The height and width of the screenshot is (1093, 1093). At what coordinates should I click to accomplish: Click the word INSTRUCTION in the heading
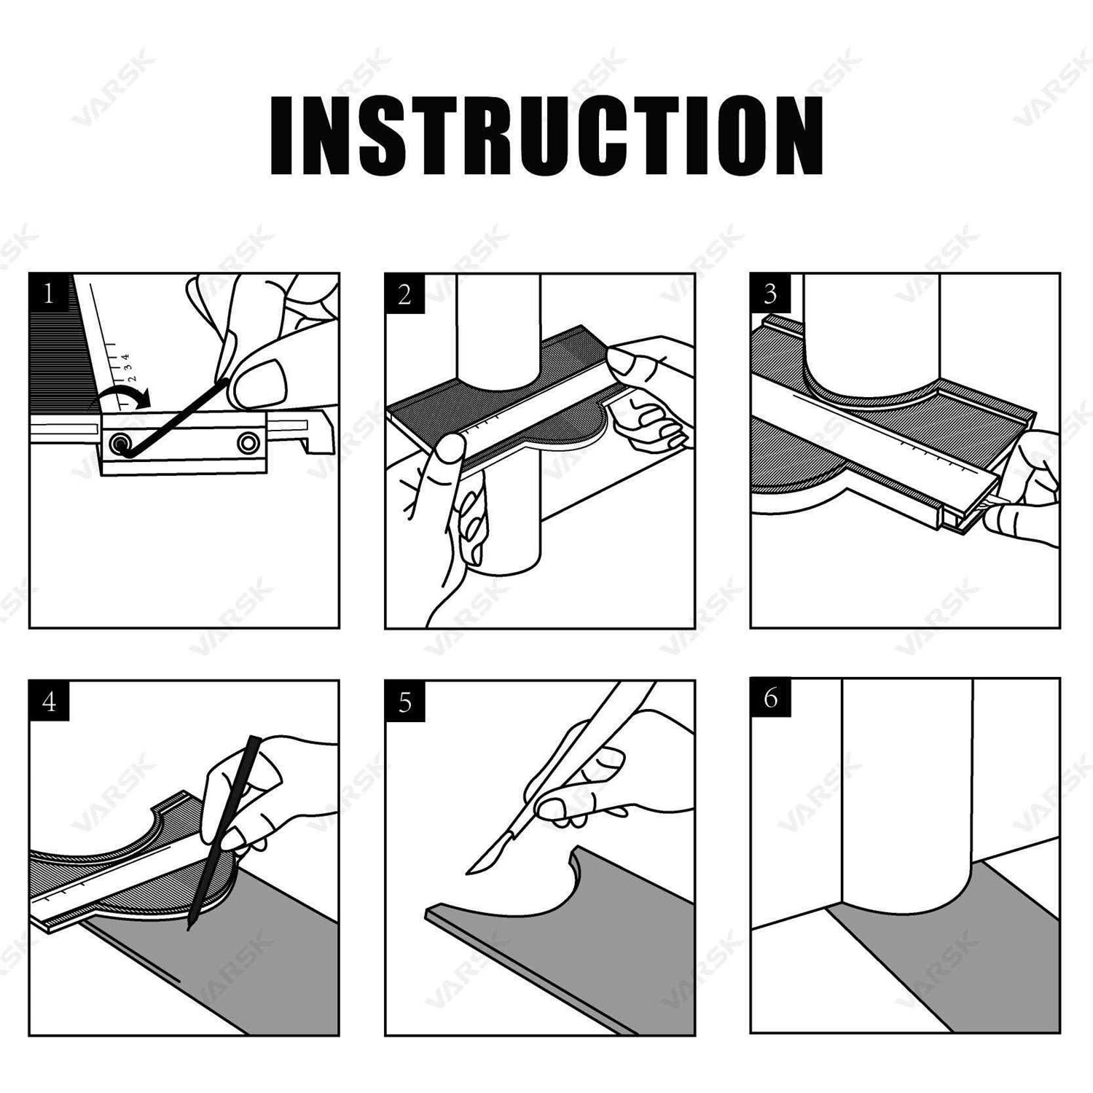pyautogui.click(x=546, y=136)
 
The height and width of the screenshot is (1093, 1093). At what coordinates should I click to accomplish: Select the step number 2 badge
pyautogui.click(x=405, y=294)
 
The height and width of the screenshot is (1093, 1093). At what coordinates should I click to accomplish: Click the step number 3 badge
pyautogui.click(x=770, y=294)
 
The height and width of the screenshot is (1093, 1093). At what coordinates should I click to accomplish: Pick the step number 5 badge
pyautogui.click(x=405, y=702)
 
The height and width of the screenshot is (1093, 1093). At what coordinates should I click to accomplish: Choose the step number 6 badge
pyautogui.click(x=770, y=698)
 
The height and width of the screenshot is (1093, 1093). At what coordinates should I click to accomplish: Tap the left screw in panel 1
pyautogui.click(x=118, y=443)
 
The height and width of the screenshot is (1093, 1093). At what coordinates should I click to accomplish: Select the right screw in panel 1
pyautogui.click(x=248, y=442)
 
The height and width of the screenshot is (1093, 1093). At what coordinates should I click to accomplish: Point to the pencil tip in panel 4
pyautogui.click(x=189, y=927)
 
